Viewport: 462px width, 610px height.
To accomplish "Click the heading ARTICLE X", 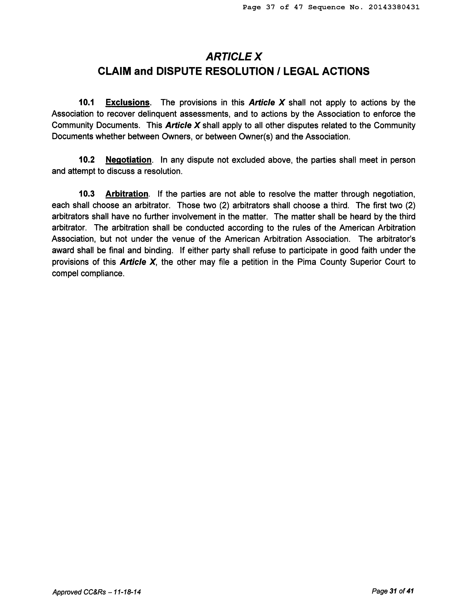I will (x=234, y=57).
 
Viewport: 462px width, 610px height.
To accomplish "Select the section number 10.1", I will (x=86, y=103).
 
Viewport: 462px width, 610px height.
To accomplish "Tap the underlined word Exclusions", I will (x=128, y=103).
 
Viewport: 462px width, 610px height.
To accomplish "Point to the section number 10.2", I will (x=87, y=160).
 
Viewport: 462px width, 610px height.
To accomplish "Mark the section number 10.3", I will (x=87, y=194).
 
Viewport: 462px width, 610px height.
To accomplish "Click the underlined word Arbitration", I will (x=127, y=194).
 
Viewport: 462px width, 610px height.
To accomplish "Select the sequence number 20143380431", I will (x=394, y=7).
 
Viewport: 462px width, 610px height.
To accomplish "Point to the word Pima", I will (x=306, y=262).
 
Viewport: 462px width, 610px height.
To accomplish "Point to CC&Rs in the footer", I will (x=94, y=592).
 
